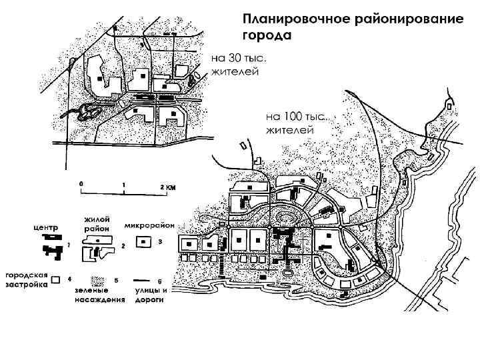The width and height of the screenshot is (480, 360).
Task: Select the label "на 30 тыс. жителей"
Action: click(239, 65)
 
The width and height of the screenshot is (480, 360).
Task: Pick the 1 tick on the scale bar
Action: click(123, 191)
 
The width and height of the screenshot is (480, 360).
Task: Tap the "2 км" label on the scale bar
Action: click(167, 187)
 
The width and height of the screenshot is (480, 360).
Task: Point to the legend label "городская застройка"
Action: click(26, 279)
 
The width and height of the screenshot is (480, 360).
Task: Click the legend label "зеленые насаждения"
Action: click(100, 296)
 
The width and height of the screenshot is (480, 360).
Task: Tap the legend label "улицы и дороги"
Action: click(151, 296)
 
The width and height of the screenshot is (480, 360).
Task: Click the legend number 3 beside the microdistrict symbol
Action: click(160, 241)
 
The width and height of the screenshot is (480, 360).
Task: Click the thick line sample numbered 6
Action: click(141, 281)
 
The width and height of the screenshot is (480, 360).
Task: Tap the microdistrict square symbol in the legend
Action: click(143, 242)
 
